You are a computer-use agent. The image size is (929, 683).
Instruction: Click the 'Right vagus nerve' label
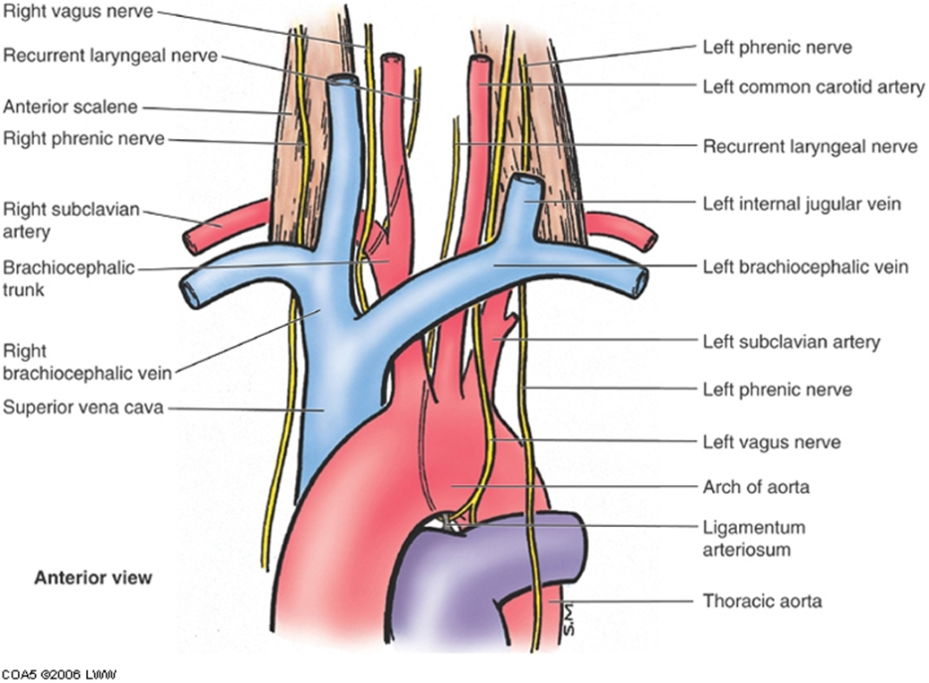tap(78, 12)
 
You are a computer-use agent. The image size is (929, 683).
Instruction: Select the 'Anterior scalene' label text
tap(71, 107)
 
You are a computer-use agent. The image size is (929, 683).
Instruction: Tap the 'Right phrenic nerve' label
tap(83, 139)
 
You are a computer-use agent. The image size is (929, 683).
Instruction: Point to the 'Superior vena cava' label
tap(82, 408)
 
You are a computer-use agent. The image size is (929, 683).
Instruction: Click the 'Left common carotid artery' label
tap(813, 87)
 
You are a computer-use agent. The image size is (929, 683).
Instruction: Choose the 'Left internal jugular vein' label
tap(802, 204)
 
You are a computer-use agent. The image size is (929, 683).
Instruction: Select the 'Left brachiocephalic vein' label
tap(805, 266)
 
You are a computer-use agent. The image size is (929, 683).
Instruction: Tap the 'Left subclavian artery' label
tap(792, 341)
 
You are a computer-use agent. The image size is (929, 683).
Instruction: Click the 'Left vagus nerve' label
tap(771, 442)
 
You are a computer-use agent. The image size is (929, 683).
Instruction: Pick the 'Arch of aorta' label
tap(756, 487)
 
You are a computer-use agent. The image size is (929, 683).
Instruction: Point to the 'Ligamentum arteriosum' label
tap(753, 538)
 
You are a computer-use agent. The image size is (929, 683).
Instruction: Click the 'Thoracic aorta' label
tap(762, 601)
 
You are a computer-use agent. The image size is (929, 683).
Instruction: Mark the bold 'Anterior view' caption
tap(93, 577)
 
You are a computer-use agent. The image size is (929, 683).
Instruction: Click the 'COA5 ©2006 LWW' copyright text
tap(58, 674)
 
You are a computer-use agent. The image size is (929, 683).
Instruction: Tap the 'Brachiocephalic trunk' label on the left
tap(69, 279)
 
